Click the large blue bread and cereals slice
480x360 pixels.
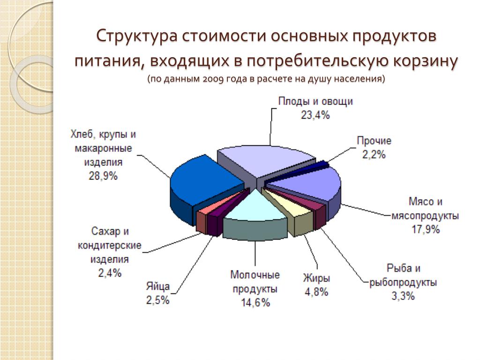(x=205, y=184)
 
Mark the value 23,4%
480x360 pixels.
(x=315, y=115)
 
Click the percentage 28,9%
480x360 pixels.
(x=103, y=176)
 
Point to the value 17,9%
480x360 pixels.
(x=426, y=229)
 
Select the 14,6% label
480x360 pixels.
(x=255, y=302)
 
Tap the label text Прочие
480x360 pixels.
(x=374, y=141)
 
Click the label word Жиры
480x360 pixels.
(x=316, y=278)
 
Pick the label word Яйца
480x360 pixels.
(x=157, y=286)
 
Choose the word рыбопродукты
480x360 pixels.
(x=403, y=282)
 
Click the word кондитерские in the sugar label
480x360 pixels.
(x=109, y=245)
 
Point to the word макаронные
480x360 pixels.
(x=103, y=149)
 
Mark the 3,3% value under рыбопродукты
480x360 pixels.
(x=403, y=296)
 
